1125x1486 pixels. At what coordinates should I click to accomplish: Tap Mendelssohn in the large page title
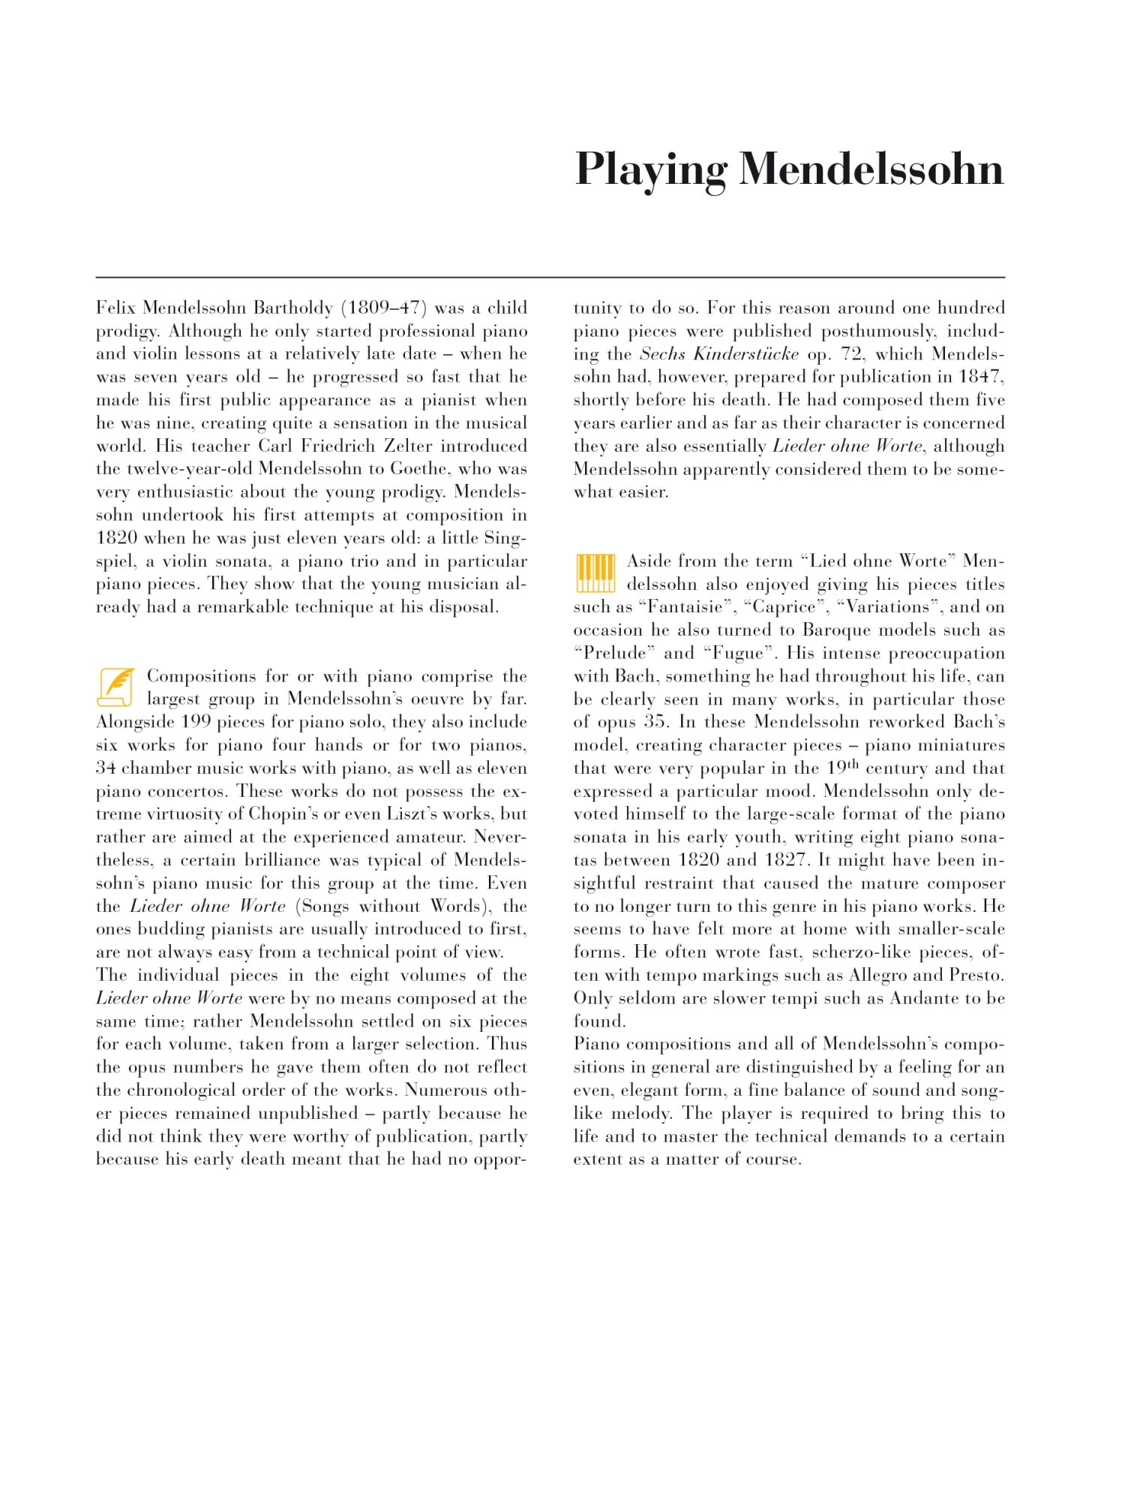tap(871, 170)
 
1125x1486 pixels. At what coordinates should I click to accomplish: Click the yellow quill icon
tap(115, 687)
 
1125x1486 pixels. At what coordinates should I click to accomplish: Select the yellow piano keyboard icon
tap(595, 573)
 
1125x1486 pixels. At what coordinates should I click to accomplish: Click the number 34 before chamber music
tap(106, 768)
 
